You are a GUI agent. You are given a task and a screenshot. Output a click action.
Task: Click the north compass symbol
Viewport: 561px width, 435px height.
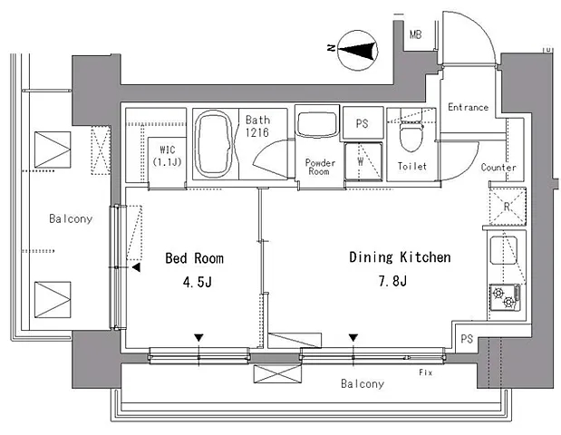point(358,50)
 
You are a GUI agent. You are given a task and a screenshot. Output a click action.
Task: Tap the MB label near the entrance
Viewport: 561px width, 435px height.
point(415,34)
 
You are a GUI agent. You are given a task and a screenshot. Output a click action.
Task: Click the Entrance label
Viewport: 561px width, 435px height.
point(468,107)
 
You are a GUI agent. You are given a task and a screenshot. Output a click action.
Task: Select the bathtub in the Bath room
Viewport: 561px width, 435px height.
point(215,144)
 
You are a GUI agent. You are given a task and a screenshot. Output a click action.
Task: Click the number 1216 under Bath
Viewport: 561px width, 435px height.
point(256,132)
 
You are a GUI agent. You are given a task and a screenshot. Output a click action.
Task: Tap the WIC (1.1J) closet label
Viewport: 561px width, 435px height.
point(167,156)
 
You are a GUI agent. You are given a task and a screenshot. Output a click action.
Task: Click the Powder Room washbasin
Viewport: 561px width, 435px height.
point(317,124)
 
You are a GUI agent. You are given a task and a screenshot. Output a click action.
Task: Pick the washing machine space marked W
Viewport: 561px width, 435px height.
point(363,161)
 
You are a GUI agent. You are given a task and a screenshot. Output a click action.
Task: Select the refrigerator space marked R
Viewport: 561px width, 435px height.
point(508,207)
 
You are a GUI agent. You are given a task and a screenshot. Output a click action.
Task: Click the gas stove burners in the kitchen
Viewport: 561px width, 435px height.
point(505,297)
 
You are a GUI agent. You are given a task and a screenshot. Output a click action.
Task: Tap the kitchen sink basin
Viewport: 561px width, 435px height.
point(503,250)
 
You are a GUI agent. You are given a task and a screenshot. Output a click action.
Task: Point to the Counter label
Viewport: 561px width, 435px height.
point(498,168)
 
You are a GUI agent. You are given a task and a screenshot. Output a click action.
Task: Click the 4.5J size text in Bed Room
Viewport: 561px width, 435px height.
point(198,282)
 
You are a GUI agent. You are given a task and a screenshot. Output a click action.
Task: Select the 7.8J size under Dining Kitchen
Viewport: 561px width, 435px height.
point(392,281)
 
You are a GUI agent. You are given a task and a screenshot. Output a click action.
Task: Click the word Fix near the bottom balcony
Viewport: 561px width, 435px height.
point(425,372)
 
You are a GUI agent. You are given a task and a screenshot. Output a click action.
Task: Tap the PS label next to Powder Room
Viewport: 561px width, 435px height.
point(363,124)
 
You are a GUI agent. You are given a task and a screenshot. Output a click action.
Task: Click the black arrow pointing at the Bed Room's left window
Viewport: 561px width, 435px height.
point(136,267)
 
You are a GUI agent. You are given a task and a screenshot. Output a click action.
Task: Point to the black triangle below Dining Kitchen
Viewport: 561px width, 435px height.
point(353,338)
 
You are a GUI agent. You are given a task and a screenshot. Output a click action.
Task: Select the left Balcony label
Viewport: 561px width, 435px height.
point(71,218)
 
